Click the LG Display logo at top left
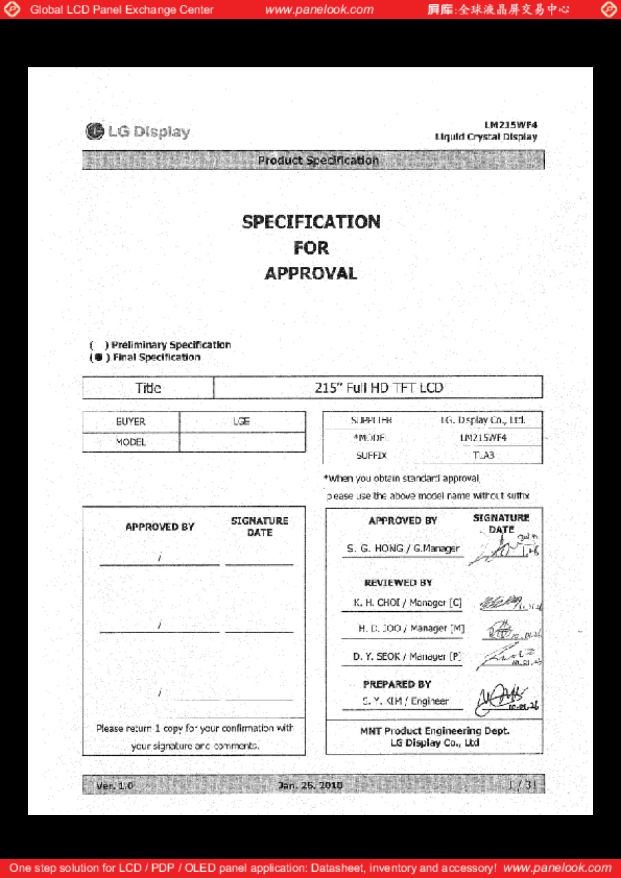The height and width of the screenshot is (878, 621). pyautogui.click(x=138, y=132)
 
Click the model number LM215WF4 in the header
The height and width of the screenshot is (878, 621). pyautogui.click(x=511, y=126)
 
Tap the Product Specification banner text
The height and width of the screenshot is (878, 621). pyautogui.click(x=318, y=161)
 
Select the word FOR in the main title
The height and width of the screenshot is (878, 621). pyautogui.click(x=311, y=248)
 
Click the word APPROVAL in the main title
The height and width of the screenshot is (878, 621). pyautogui.click(x=311, y=274)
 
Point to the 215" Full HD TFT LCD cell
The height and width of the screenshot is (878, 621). pyautogui.click(x=379, y=388)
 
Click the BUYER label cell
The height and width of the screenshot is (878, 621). pyautogui.click(x=130, y=422)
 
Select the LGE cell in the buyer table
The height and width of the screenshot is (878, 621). pyautogui.click(x=242, y=422)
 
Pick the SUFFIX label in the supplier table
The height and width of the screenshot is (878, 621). pyautogui.click(x=371, y=455)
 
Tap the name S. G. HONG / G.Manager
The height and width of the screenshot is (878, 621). pyautogui.click(x=403, y=549)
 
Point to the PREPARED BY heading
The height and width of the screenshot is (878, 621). pyautogui.click(x=397, y=685)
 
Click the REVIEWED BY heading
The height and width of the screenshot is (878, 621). pyautogui.click(x=398, y=583)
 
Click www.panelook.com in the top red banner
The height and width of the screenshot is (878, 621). pyautogui.click(x=319, y=10)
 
